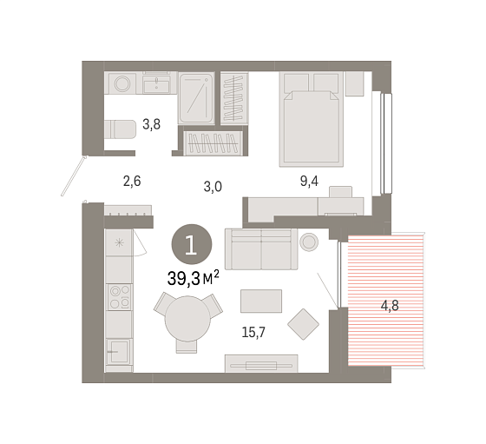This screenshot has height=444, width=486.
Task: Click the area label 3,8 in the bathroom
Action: pyautogui.click(x=151, y=124)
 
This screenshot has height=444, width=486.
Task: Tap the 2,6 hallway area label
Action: pyautogui.click(x=132, y=181)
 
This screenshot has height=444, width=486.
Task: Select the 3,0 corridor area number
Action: pyautogui.click(x=213, y=187)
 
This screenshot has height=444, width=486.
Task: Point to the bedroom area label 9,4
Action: pyautogui.click(x=309, y=181)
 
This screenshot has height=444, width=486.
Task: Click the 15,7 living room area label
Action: pyautogui.click(x=253, y=332)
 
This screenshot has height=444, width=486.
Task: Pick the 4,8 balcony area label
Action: pyautogui.click(x=390, y=306)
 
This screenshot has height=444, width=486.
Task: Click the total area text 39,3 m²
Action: pyautogui.click(x=193, y=278)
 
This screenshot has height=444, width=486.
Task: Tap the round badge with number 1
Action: pyautogui.click(x=192, y=244)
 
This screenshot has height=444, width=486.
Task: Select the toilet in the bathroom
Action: pyautogui.click(x=120, y=129)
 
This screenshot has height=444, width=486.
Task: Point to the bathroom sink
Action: pyautogui.click(x=156, y=83)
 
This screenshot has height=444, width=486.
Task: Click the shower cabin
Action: pyautogui.click(x=196, y=98)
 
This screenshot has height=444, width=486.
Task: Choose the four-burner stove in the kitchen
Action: pyautogui.click(x=120, y=297)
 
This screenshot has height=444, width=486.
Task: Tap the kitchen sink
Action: pyautogui.click(x=120, y=352)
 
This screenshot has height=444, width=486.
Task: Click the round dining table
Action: pyautogui.click(x=187, y=319)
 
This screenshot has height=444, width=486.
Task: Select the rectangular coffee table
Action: pyautogui.click(x=261, y=301)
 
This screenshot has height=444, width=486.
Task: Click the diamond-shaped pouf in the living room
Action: pyautogui.click(x=303, y=324)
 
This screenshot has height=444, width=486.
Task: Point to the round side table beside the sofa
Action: pyautogui.click(x=309, y=242)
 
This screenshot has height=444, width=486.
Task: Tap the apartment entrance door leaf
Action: pyautogui.click(x=73, y=176)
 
